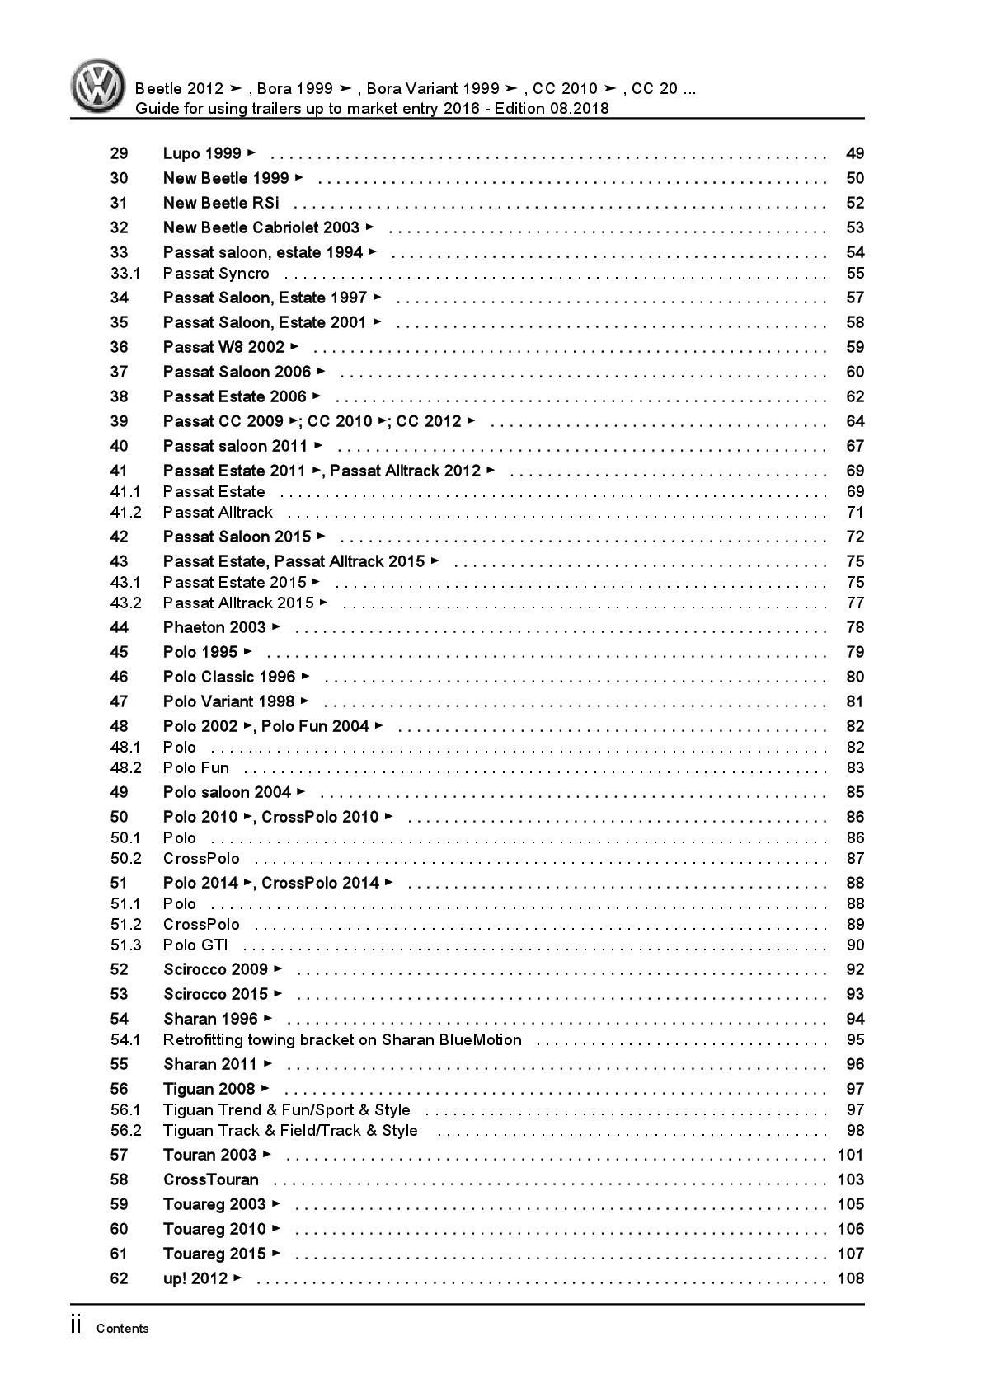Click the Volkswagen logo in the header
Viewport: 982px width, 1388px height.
click(97, 87)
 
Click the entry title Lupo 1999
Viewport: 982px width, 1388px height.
click(203, 153)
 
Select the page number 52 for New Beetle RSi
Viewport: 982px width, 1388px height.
click(855, 203)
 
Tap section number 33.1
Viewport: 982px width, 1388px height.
click(125, 273)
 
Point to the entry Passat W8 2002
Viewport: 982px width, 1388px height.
click(224, 347)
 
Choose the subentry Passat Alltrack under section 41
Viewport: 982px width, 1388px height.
click(218, 512)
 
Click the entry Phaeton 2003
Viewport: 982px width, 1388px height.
click(214, 627)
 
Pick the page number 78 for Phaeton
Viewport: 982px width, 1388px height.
click(855, 627)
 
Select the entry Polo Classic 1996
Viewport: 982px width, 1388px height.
click(229, 677)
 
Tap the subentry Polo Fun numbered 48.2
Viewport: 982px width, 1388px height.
click(196, 767)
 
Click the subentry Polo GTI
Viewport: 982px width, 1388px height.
click(195, 945)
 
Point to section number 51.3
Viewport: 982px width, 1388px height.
click(126, 945)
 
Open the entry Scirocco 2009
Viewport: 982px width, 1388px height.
click(216, 969)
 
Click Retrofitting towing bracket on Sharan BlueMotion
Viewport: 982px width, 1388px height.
click(342, 1039)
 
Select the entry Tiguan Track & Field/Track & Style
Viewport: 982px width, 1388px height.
click(290, 1130)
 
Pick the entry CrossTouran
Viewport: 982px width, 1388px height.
click(211, 1179)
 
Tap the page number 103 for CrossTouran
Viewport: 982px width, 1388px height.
click(850, 1179)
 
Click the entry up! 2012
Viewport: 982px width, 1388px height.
click(195, 1278)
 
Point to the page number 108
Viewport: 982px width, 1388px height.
click(850, 1278)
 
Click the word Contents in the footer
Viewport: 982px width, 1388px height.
click(123, 1328)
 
